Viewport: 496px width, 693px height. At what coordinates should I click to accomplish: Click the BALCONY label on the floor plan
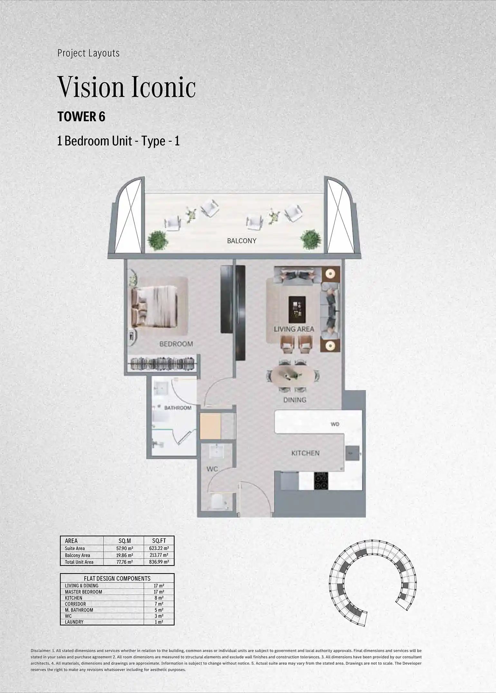[x=242, y=241]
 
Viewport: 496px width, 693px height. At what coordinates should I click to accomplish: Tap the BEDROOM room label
[x=176, y=344]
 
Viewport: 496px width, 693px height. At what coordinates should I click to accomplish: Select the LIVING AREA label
[x=294, y=329]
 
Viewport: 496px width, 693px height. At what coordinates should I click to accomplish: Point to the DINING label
[x=295, y=400]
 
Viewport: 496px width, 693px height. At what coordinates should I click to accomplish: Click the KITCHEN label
[x=305, y=453]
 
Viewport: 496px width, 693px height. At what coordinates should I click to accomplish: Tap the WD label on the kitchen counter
[x=335, y=424]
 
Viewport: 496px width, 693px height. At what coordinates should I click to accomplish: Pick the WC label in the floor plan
[x=212, y=469]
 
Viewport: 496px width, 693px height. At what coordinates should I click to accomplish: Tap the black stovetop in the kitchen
[x=321, y=481]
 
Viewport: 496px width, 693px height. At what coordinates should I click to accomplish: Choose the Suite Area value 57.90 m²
[x=125, y=548]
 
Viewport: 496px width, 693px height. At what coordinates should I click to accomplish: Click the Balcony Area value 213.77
[x=159, y=555]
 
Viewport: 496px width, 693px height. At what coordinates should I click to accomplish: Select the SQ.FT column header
[x=159, y=541]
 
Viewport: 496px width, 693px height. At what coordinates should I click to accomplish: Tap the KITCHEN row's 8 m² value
[x=159, y=598]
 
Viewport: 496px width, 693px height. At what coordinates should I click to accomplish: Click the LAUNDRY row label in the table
[x=74, y=622]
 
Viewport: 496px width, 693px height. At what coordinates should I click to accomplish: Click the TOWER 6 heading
[x=81, y=117]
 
